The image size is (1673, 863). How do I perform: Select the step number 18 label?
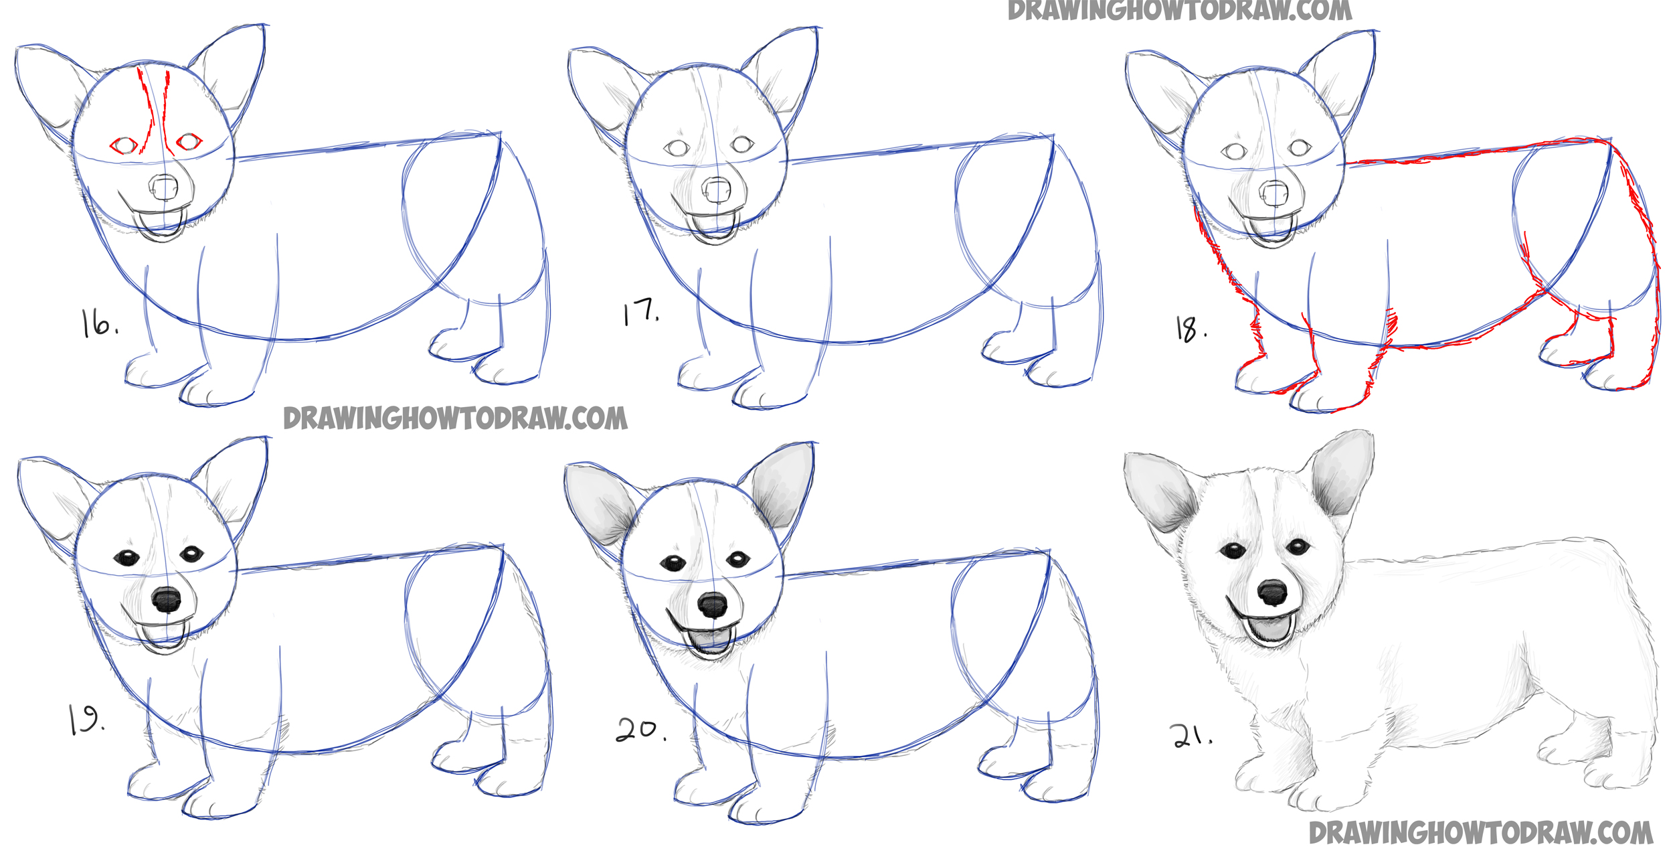1191,329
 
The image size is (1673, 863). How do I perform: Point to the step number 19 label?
86,720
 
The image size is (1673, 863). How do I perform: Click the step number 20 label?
640,730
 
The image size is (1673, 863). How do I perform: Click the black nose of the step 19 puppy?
166,599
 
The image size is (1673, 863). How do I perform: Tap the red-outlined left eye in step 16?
124,145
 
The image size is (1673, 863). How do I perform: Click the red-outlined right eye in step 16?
189,141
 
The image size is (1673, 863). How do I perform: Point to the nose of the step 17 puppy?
717,189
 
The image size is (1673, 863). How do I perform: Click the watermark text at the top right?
1179,11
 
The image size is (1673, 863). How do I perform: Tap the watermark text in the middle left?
455,418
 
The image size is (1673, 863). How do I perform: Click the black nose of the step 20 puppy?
712,605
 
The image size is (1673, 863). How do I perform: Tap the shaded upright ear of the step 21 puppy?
1340,473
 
